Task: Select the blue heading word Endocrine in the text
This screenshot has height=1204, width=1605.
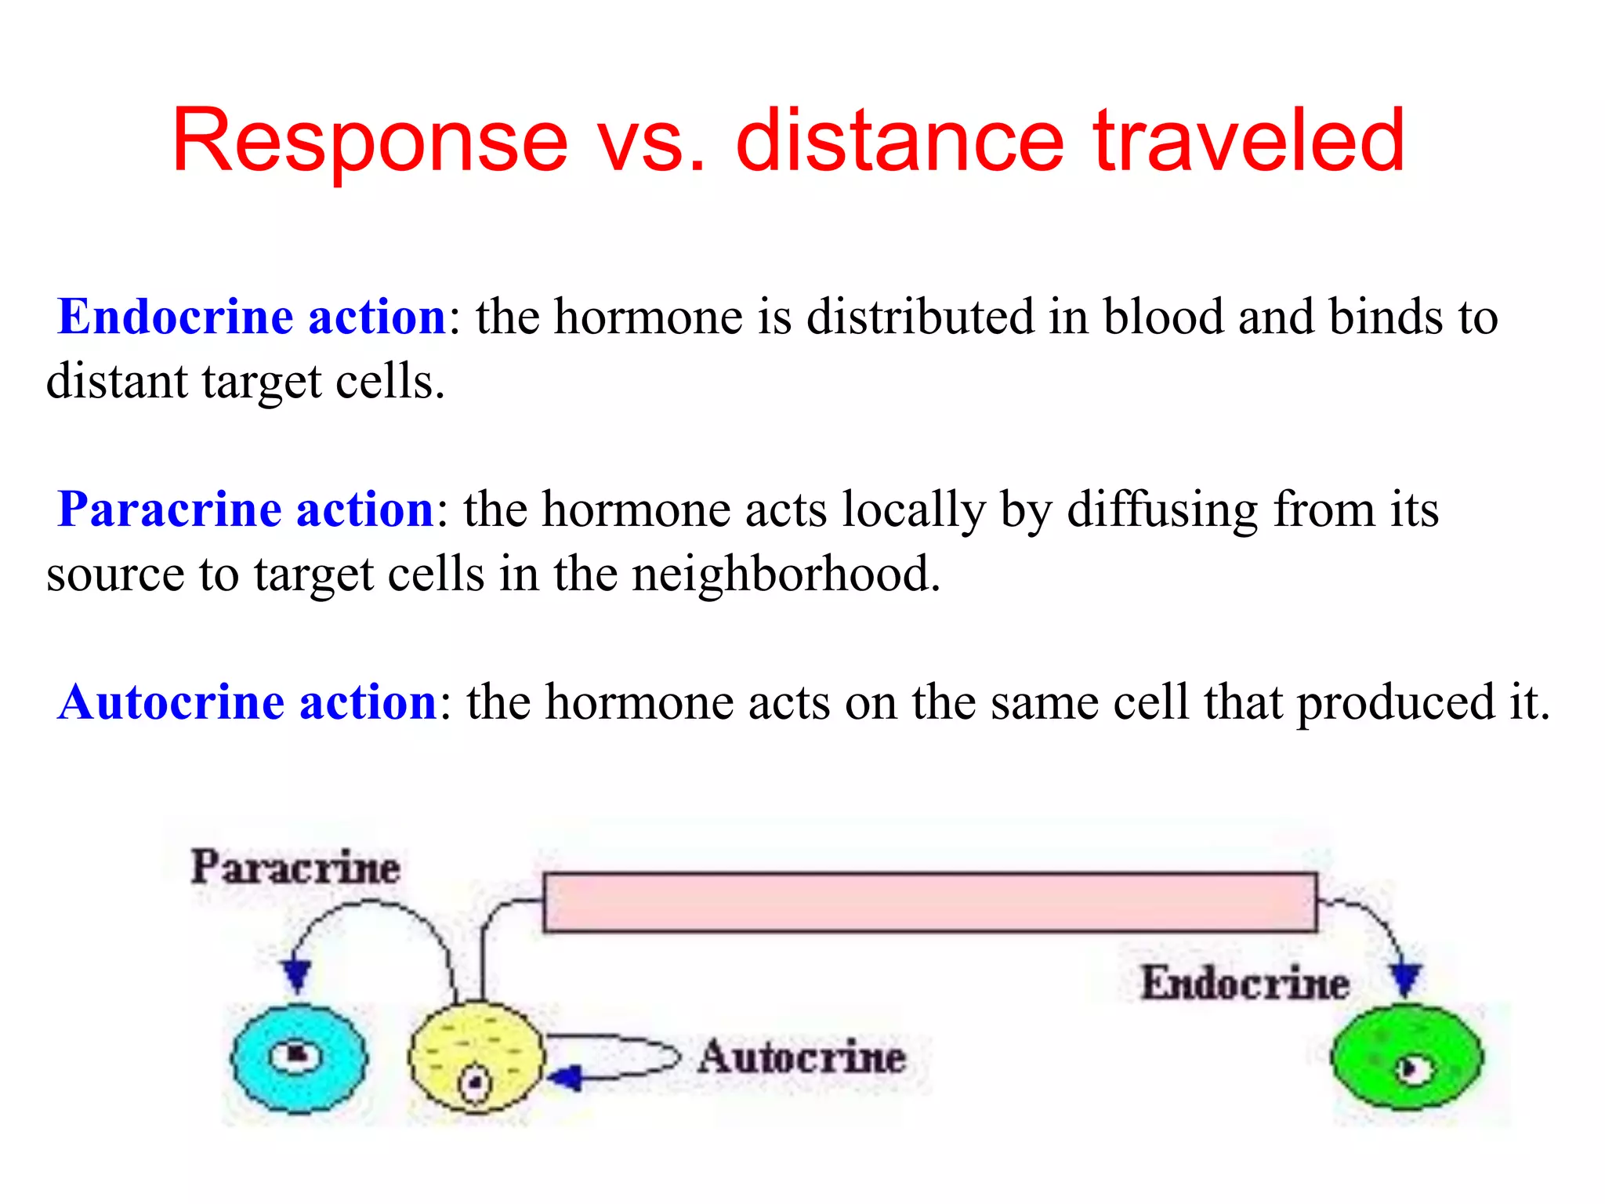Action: click(175, 317)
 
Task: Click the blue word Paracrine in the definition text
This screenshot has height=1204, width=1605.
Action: click(169, 510)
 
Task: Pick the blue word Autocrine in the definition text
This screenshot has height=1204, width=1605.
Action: click(170, 702)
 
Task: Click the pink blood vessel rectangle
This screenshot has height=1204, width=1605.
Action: click(929, 902)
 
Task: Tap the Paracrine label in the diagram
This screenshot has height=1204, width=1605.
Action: click(295, 868)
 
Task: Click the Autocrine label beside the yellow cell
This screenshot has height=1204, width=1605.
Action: click(802, 1057)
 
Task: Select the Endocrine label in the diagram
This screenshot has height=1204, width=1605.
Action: click(1245, 983)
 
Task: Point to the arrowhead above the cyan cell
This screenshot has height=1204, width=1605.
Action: click(297, 976)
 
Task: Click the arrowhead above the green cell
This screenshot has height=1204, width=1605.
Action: click(1405, 980)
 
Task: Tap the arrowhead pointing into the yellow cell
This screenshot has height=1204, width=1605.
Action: click(566, 1078)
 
